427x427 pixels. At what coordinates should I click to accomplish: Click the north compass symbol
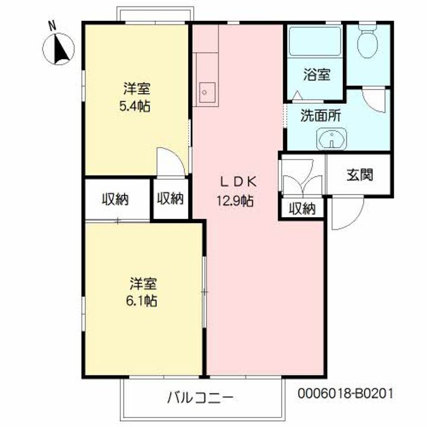(x=58, y=49)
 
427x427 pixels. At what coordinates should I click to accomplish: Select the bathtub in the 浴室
(x=315, y=40)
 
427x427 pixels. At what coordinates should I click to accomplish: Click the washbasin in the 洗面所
(x=332, y=139)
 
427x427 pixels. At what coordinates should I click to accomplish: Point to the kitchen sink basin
(x=207, y=93)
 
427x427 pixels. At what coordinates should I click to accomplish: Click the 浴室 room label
(x=317, y=74)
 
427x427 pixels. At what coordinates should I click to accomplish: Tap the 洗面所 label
(x=320, y=116)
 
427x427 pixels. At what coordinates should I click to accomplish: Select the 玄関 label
(x=359, y=174)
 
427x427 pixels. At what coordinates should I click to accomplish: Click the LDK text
(x=238, y=182)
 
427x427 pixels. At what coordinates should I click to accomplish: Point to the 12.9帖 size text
(x=235, y=201)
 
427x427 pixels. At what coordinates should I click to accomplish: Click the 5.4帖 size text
(x=135, y=106)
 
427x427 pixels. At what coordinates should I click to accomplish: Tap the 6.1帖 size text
(x=141, y=301)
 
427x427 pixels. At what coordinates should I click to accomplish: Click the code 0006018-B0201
(x=345, y=394)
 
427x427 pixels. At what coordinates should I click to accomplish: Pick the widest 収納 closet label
(x=115, y=199)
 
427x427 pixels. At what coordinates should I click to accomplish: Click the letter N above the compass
(x=52, y=26)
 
